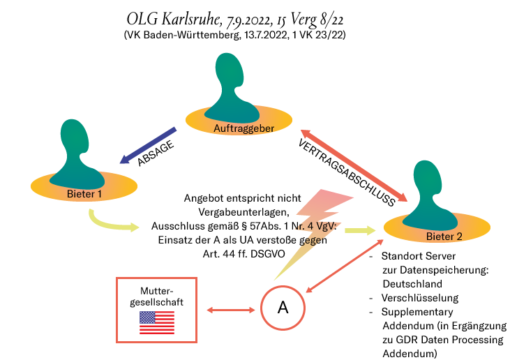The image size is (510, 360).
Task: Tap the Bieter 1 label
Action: [x=84, y=193]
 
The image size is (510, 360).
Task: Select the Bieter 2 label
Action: [x=444, y=237]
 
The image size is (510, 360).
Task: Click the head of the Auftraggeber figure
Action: [x=230, y=70]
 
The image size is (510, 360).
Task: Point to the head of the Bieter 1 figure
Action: [x=74, y=137]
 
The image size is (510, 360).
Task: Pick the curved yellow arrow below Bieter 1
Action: [x=108, y=224]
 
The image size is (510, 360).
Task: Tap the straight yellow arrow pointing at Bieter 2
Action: [x=359, y=230]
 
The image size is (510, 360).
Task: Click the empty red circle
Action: [x=283, y=308]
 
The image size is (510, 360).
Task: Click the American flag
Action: [x=157, y=322]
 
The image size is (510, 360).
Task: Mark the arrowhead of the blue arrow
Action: [x=124, y=160]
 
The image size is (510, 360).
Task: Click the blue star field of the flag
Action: [x=147, y=317]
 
